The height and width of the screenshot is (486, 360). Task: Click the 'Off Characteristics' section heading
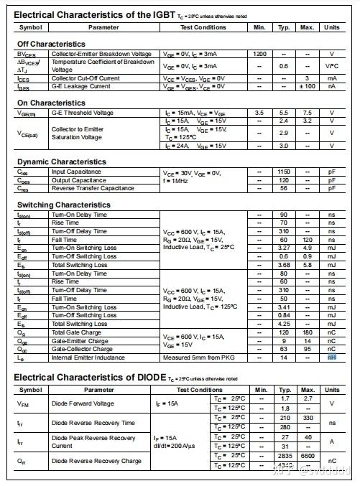point(51,45)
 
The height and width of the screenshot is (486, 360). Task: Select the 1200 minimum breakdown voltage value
point(259,55)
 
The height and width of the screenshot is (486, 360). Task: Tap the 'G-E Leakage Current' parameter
point(81,87)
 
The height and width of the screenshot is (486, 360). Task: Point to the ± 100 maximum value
point(307,87)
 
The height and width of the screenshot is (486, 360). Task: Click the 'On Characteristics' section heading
point(50,103)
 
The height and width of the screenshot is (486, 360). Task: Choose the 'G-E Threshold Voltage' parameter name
point(83,113)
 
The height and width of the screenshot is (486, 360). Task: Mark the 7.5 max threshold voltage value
point(307,113)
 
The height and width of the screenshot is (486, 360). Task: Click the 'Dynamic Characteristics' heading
point(60,162)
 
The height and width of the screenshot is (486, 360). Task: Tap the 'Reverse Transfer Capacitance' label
point(93,188)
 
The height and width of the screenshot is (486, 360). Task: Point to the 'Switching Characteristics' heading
point(63,205)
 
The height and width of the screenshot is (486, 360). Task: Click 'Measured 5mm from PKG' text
point(198,358)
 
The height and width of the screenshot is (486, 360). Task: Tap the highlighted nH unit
point(332,358)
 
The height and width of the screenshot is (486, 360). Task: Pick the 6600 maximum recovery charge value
point(307,456)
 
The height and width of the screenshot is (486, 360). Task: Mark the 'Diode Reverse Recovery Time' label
point(93,423)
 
